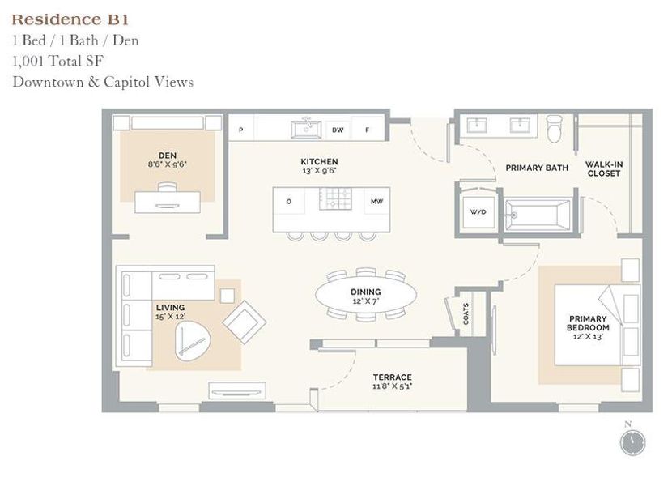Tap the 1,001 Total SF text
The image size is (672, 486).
(x=57, y=61)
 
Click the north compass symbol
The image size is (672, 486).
(x=632, y=441)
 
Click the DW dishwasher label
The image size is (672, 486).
(x=338, y=130)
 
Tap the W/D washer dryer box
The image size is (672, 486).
(x=478, y=213)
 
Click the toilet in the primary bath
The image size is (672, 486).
(x=555, y=128)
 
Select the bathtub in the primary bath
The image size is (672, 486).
(x=538, y=215)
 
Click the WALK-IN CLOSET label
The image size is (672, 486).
(x=604, y=168)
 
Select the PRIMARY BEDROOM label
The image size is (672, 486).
(x=589, y=324)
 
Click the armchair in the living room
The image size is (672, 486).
(x=245, y=322)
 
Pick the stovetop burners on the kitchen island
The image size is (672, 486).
(x=335, y=200)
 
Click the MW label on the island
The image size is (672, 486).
(x=376, y=201)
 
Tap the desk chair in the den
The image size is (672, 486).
(x=168, y=188)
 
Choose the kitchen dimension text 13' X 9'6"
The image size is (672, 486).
(x=319, y=172)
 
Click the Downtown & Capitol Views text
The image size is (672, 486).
(x=103, y=82)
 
